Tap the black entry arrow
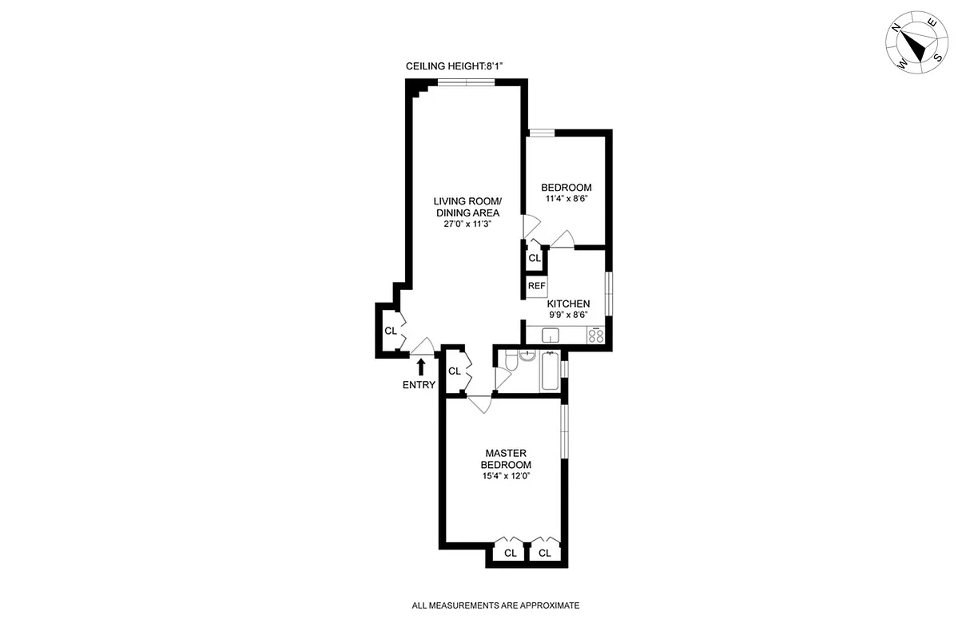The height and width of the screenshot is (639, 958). point(421,367)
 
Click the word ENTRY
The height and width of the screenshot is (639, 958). point(419,385)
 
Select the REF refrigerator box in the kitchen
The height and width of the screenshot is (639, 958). point(536,286)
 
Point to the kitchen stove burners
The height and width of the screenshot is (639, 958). point(596,336)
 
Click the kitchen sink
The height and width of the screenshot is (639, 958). point(552,335)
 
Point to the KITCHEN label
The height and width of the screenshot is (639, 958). point(568,304)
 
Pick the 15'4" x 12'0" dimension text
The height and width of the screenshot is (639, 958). point(506,476)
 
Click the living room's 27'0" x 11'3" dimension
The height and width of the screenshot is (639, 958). point(467,224)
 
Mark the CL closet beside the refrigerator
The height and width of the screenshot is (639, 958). point(535,259)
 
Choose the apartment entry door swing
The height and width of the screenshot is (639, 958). point(423,344)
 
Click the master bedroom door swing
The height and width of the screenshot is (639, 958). point(480,404)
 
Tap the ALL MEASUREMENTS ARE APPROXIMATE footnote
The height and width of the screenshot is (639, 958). point(495,605)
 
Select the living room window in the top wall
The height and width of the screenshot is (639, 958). point(467,81)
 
